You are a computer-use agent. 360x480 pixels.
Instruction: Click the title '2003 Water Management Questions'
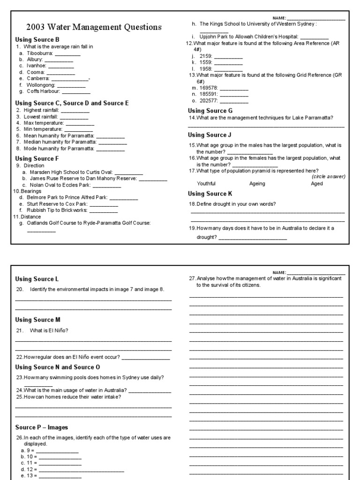tap(94, 27)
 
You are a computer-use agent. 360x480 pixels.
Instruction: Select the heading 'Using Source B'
tap(37, 40)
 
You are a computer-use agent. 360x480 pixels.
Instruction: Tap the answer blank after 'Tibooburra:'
tap(67, 54)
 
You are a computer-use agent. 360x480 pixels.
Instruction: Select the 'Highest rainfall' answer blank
tap(75, 110)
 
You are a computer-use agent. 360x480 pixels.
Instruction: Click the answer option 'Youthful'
tap(206, 184)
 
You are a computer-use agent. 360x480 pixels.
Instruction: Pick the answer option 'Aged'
tap(317, 184)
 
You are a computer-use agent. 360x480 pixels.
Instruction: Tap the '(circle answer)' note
tap(328, 177)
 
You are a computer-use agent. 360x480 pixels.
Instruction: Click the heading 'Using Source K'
tap(210, 194)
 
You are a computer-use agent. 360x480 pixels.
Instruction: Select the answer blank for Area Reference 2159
tap(228, 56)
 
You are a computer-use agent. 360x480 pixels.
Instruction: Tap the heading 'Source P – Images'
tap(42, 427)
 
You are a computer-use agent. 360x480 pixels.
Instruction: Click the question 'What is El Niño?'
tap(49, 330)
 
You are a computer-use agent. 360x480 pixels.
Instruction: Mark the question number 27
tap(192, 278)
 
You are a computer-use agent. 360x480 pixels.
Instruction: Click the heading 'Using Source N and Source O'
tap(58, 367)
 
